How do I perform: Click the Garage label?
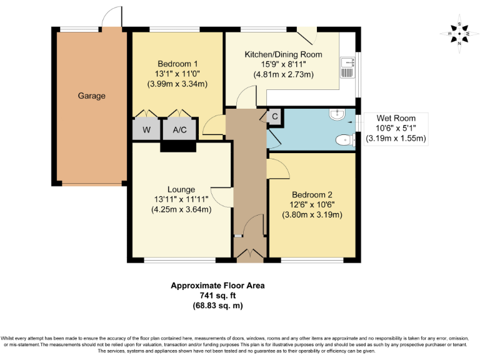(x=91, y=96)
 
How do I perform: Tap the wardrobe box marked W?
(x=146, y=129)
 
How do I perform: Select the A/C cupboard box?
(x=179, y=129)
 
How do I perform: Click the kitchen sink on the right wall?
(x=347, y=67)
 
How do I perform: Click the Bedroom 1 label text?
(x=177, y=64)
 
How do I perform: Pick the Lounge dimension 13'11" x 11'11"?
(x=181, y=199)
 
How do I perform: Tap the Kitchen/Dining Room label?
(x=283, y=54)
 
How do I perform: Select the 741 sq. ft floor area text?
(x=217, y=296)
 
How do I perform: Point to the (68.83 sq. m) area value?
(x=217, y=306)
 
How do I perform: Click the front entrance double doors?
(x=249, y=253)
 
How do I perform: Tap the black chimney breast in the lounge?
(x=178, y=146)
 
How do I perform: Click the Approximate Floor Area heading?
(x=217, y=286)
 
